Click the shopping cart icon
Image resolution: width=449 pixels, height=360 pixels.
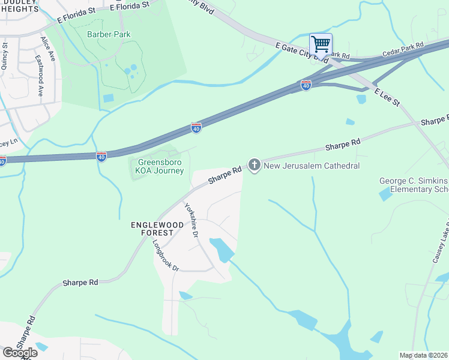[321, 44]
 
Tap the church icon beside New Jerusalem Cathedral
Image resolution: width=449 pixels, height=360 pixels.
[255, 165]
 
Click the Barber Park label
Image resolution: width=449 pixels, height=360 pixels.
[108, 34]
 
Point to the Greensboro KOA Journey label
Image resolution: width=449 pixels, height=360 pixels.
[161, 166]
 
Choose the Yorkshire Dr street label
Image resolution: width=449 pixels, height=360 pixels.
[191, 221]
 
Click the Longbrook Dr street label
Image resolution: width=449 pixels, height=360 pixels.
[166, 256]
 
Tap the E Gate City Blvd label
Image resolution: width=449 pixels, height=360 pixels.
[302, 53]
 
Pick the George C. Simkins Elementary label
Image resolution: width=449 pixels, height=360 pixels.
[414, 185]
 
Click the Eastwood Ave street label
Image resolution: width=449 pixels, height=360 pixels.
[40, 77]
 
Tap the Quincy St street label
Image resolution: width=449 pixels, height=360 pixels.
[5, 56]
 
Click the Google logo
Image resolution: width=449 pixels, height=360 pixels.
[20, 353]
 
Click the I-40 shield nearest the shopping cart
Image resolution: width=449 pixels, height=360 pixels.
[306, 86]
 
